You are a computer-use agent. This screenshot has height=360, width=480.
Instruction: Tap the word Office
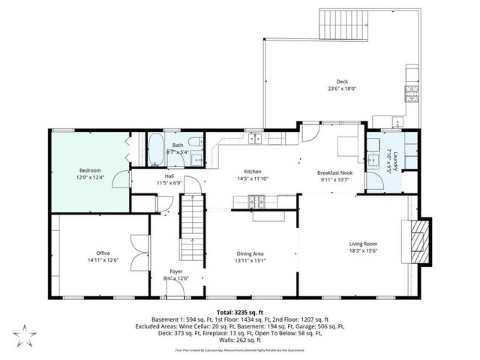click(x=103, y=253)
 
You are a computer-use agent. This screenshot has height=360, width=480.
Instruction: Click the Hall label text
click(x=169, y=176)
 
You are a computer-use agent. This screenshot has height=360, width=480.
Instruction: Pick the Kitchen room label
click(x=246, y=171)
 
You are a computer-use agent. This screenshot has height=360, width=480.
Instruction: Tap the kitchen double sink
click(x=256, y=138)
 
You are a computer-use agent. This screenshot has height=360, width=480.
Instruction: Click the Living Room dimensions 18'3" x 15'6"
click(x=363, y=252)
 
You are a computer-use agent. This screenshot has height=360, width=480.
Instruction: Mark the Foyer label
click(x=176, y=271)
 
